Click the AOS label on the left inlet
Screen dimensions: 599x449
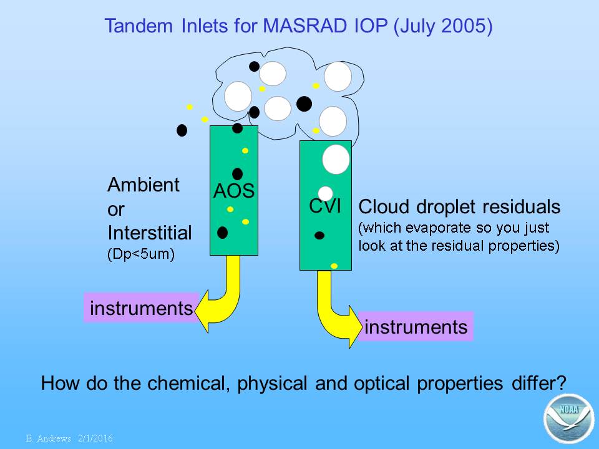[x=234, y=191]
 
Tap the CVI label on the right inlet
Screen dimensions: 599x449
[x=325, y=206]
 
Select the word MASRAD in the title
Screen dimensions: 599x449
[x=306, y=26]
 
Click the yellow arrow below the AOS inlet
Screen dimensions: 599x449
[x=222, y=294]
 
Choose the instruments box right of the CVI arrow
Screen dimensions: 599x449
[x=416, y=327]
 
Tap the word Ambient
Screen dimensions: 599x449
[x=144, y=185]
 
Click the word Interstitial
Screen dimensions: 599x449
[x=149, y=233]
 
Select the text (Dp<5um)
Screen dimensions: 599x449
[x=141, y=254]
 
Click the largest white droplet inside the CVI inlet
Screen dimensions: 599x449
[x=336, y=159]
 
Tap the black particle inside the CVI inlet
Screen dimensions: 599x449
[x=319, y=236]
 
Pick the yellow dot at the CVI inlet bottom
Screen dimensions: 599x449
[x=334, y=266]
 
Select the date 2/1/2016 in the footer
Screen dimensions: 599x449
[x=95, y=438]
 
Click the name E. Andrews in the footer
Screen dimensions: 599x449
[x=49, y=438]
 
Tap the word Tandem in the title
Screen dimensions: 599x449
[x=139, y=26]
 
